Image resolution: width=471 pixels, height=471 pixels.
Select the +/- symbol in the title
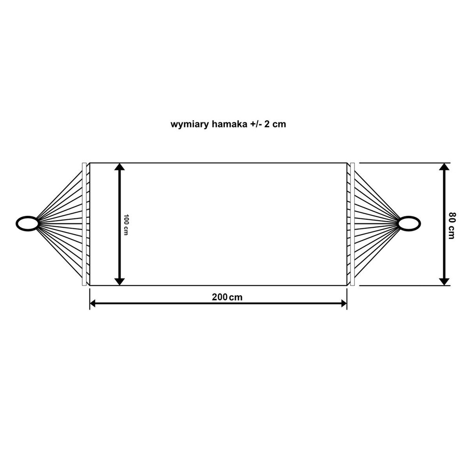coord(255,124)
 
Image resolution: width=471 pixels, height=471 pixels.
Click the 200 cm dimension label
coord(227,297)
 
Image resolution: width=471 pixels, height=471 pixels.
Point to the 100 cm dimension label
coord(126,225)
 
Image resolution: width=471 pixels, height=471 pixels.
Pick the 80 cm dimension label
coord(451,225)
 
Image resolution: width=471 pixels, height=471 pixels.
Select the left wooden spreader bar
coord(84,224)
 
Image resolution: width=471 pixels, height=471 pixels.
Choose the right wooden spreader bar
coord(352,224)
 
